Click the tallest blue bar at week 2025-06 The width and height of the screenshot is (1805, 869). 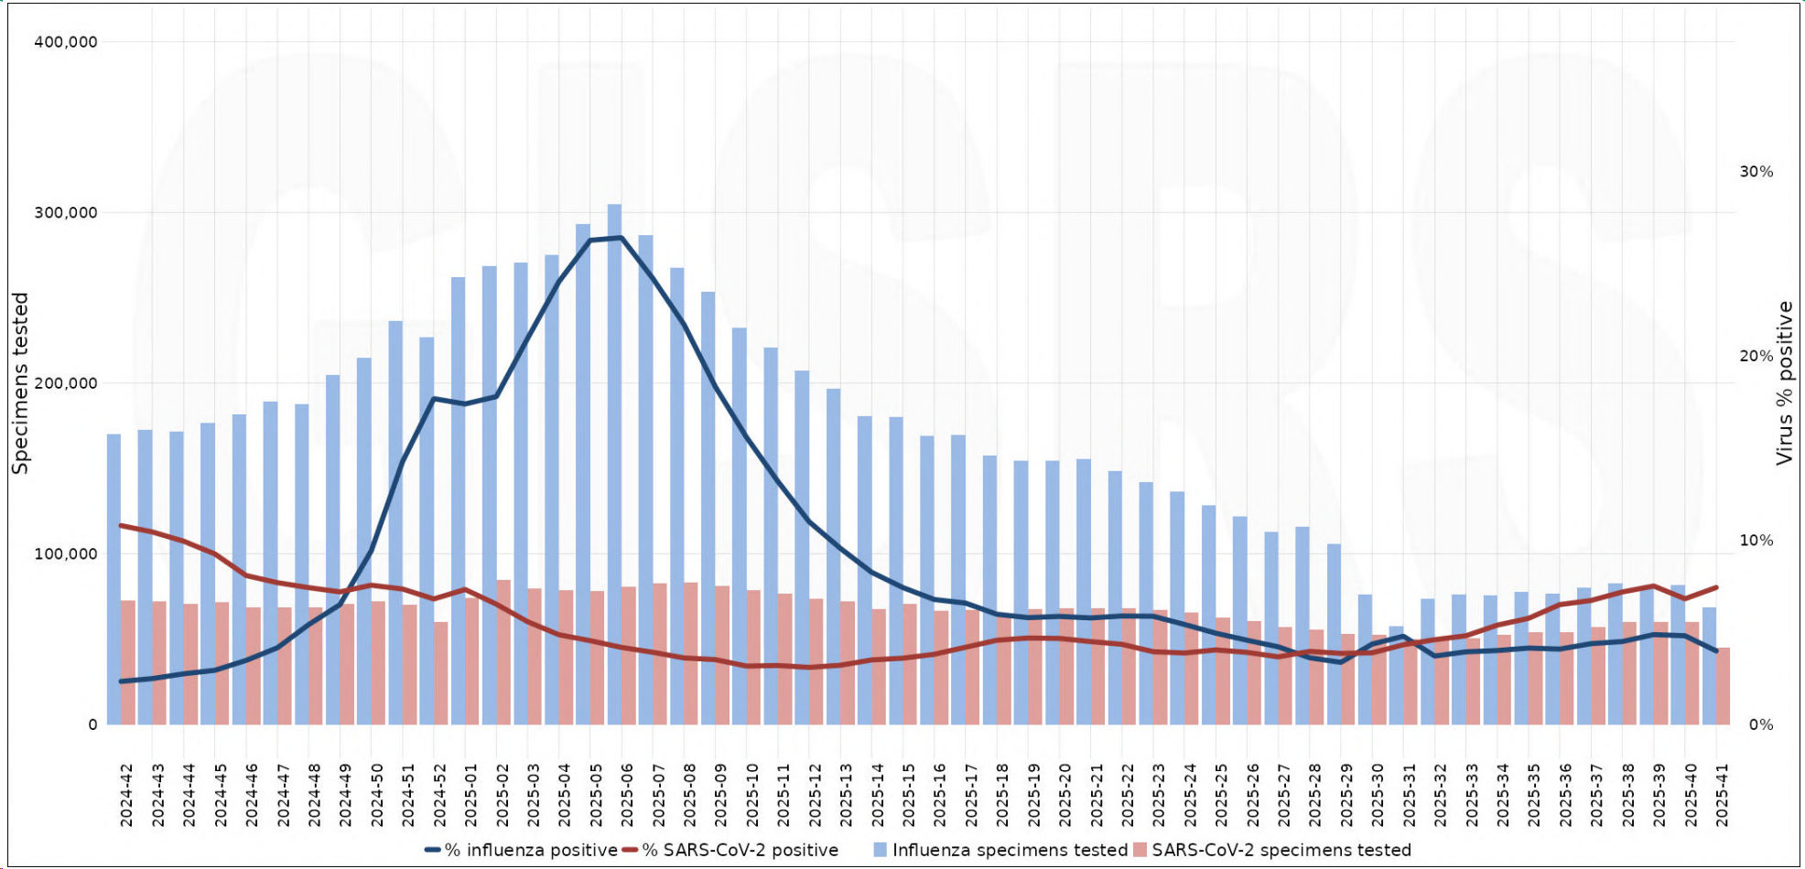[614, 457]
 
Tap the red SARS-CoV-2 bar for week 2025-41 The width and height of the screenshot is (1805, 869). [1723, 686]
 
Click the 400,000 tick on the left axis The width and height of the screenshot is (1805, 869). [66, 42]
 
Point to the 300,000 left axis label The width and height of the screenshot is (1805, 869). [66, 213]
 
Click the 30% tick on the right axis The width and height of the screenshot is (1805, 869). [1756, 172]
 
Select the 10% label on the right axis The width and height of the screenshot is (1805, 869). [1756, 541]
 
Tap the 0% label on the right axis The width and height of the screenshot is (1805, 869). [1760, 725]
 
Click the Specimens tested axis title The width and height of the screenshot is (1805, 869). [20, 383]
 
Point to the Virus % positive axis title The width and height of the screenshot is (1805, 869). [1784, 383]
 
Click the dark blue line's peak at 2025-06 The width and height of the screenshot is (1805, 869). [621, 238]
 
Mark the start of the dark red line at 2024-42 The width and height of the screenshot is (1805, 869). [121, 525]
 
